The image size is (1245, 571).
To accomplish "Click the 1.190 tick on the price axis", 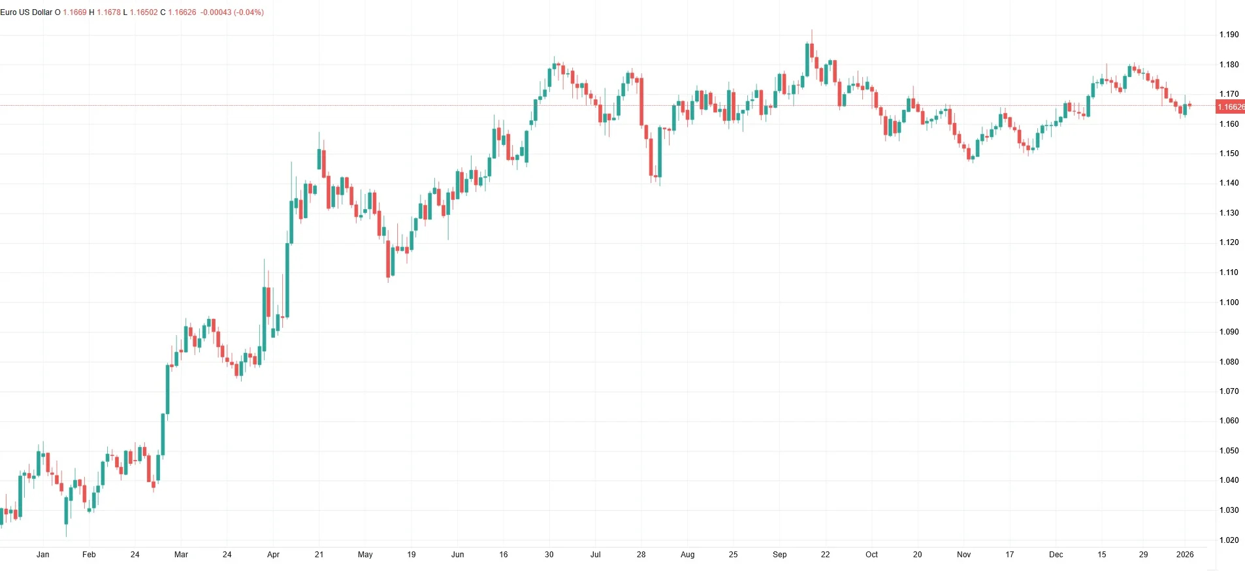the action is (1229, 35).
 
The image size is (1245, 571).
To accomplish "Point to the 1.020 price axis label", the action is (1229, 540).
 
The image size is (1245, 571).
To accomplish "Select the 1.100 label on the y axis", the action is (1229, 302).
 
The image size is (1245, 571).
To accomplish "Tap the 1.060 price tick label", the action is (1229, 421).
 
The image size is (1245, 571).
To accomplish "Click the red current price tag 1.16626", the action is (1230, 106).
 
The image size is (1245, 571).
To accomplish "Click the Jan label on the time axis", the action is (43, 555).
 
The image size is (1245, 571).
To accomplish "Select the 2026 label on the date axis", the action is (1185, 555).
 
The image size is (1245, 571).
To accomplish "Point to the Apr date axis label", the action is (273, 555).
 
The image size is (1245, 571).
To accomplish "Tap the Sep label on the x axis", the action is (779, 555).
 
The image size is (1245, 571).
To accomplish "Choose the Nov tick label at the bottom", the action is (963, 555).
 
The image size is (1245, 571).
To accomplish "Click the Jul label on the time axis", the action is (595, 555).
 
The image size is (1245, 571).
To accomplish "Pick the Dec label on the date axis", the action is (1056, 555).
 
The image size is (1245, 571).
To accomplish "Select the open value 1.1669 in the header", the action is (74, 12).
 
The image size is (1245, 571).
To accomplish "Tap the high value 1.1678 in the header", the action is (108, 12).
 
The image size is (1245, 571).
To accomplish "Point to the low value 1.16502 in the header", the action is (144, 12).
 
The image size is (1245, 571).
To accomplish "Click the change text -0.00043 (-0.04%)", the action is (232, 12).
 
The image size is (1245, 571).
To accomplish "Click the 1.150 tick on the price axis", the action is (1229, 154).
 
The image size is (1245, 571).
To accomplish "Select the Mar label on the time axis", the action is (181, 555).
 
